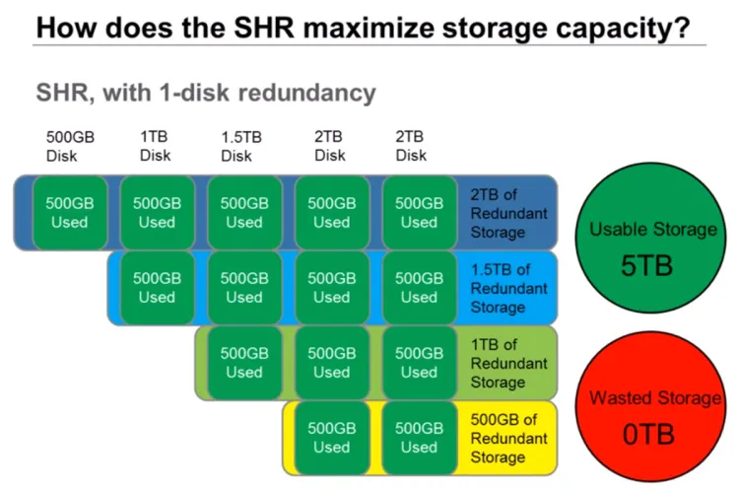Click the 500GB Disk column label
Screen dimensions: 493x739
point(67,145)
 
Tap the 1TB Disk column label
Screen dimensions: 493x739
point(155,145)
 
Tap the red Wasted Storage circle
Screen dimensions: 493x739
point(652,415)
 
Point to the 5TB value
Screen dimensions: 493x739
point(652,266)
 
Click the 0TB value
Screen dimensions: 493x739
point(652,435)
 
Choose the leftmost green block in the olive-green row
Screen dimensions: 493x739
point(243,363)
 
